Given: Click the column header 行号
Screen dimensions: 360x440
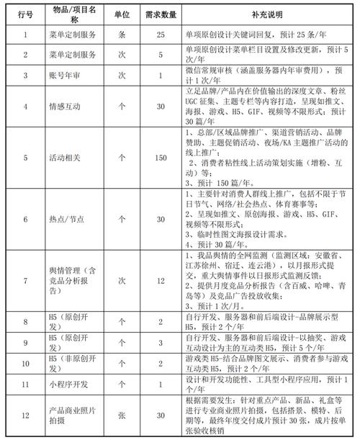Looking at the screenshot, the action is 26,14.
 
